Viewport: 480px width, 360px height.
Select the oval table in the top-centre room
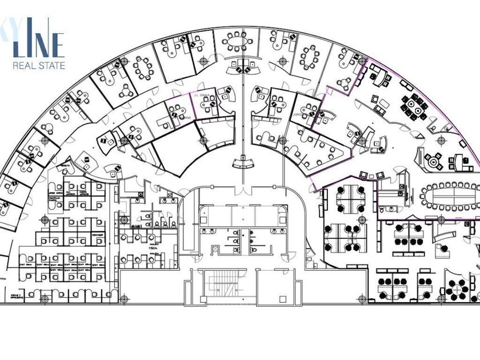point(237,42)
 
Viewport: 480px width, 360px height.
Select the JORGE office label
point(297,114)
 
